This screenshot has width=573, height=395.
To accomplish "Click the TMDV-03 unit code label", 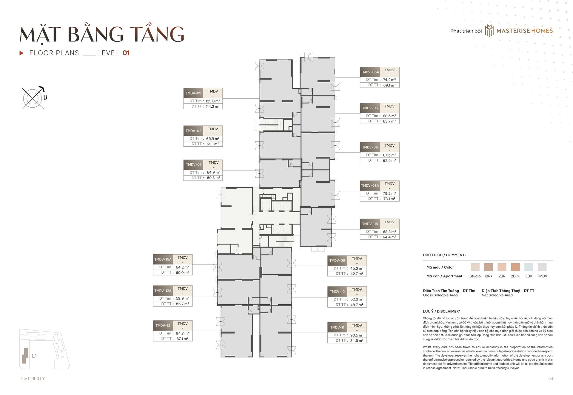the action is tap(193, 93).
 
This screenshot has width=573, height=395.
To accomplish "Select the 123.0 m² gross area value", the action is tap(213, 101).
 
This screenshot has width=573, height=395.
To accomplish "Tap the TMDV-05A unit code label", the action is tap(370, 72).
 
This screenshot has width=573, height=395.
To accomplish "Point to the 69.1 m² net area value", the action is tap(389, 85).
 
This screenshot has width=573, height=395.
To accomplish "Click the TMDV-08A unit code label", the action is tap(370, 186).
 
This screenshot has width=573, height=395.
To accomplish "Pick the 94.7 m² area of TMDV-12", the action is tap(182, 333).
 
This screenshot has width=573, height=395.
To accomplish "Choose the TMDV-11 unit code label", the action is tap(337, 327).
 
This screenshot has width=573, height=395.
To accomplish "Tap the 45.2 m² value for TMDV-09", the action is tap(357, 268).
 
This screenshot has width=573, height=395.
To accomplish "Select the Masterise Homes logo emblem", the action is tap(489, 31).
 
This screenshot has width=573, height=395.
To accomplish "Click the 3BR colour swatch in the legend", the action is tap(529, 267).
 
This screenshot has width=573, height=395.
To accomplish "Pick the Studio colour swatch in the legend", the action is tap(475, 267).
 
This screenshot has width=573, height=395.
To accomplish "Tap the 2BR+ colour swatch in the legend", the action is tap(515, 267).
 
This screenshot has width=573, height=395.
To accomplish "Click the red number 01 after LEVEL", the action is tap(126, 53).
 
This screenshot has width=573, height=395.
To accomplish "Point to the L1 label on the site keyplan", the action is tap(34, 356).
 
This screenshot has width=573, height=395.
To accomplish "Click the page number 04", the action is tap(551, 379).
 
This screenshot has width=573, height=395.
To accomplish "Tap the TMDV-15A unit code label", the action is tap(163, 259).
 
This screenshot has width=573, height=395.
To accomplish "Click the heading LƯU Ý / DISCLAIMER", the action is tap(441, 311).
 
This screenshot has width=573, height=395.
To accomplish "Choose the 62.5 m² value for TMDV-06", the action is tap(389, 160).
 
